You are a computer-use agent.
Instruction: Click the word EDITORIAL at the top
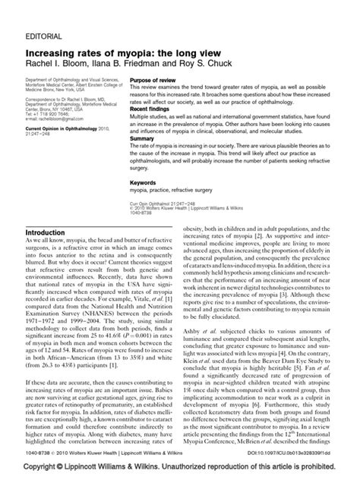[43, 14]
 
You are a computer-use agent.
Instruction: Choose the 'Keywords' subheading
[144, 182]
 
